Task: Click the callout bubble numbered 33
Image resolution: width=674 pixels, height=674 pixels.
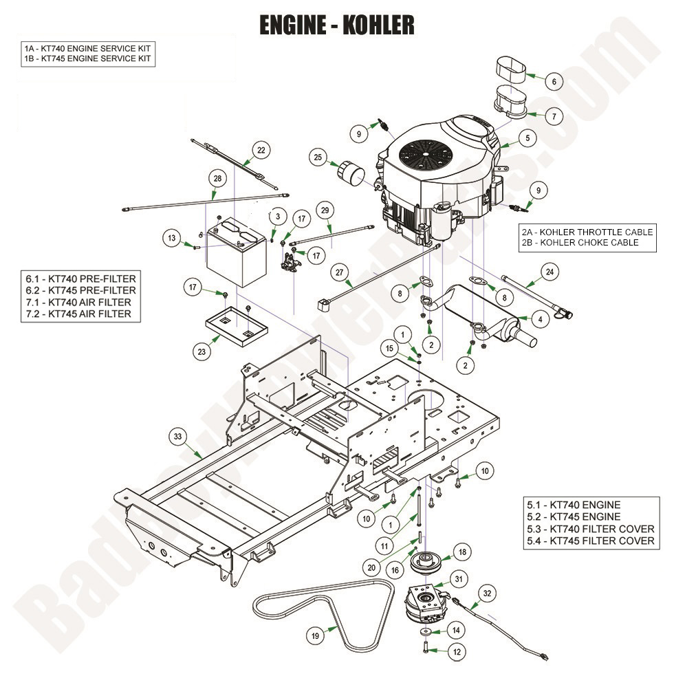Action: (x=178, y=436)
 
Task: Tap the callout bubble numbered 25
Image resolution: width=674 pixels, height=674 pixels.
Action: (x=317, y=157)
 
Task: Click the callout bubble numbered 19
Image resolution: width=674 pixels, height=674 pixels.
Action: (x=316, y=636)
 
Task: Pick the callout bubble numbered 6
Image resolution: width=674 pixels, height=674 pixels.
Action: (x=553, y=80)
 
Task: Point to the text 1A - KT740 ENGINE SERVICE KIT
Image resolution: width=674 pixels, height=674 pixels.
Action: (x=87, y=48)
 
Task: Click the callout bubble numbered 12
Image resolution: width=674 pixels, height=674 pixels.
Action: (x=457, y=650)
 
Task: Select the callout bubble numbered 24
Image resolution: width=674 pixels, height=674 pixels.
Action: (x=550, y=273)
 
